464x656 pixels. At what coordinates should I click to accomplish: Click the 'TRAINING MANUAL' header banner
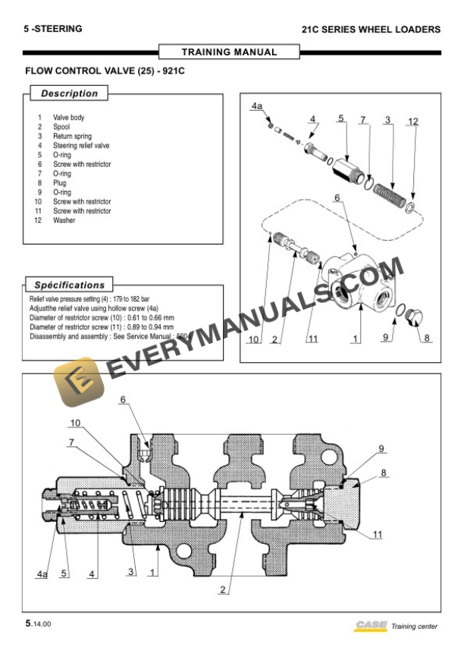[229, 52]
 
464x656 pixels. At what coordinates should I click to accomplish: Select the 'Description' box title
[69, 94]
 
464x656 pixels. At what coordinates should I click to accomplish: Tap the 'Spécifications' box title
[69, 286]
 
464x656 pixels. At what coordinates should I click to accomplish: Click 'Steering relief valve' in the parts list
[81, 145]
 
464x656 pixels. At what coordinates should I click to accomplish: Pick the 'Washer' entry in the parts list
[64, 220]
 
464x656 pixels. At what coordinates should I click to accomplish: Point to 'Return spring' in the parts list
[72, 136]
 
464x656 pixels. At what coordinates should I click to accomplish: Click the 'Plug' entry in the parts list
[59, 183]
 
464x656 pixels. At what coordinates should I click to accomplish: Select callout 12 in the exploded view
[412, 121]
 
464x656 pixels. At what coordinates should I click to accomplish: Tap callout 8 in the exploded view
[427, 338]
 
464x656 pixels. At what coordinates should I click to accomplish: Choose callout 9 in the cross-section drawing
[381, 448]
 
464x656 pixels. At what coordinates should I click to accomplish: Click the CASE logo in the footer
[369, 626]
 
